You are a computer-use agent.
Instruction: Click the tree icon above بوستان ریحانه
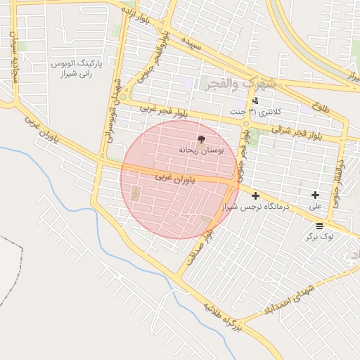tap(202, 139)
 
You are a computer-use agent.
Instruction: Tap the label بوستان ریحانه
tap(202, 150)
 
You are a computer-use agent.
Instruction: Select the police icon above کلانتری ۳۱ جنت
tap(255, 101)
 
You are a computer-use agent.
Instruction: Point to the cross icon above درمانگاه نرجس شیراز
tap(255, 195)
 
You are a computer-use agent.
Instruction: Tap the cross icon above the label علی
tap(315, 195)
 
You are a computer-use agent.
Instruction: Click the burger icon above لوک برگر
tap(320, 226)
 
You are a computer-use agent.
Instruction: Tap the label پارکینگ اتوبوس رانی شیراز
tap(77, 68)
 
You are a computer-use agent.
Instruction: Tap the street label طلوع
tap(321, 109)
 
